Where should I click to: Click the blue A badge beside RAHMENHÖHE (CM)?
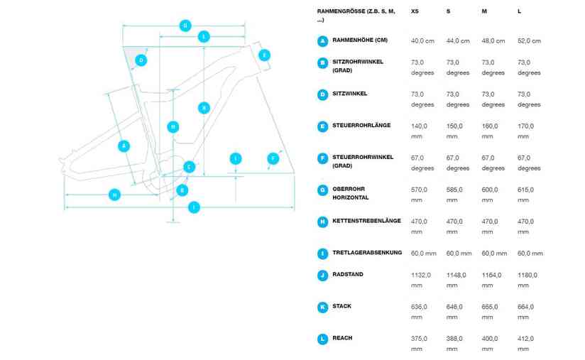point(323,40)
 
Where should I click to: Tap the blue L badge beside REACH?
point(323,339)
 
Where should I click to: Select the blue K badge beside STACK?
point(323,307)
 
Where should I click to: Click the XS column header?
point(415,12)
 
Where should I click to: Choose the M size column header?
point(484,12)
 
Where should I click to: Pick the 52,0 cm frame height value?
point(530,40)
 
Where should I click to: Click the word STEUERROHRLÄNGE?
point(361,126)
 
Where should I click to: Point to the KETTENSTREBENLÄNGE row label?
point(366,221)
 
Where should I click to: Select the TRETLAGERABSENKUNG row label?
point(367,253)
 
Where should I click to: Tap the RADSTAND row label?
point(347,275)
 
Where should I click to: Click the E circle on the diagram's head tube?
point(264,55)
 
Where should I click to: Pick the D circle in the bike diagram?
point(141,60)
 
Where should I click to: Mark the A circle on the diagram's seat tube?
point(124,146)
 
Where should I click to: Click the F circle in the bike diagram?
point(272,158)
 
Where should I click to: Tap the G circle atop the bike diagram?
point(185,26)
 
